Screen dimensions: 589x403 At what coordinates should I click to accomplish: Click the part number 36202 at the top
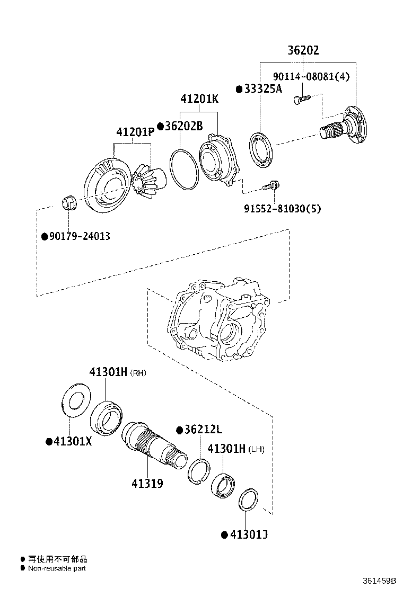303,50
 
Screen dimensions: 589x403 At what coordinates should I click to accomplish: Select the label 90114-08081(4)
311,76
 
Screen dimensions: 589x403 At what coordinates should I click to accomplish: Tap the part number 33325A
263,89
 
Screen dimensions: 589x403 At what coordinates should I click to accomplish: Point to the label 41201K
199,99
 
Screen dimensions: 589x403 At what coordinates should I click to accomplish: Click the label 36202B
183,126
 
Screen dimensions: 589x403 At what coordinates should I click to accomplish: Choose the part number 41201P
135,132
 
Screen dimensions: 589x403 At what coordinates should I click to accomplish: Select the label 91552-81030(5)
282,208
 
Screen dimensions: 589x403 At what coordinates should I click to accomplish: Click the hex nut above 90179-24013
68,202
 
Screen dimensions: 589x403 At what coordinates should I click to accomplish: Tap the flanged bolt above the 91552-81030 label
270,186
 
